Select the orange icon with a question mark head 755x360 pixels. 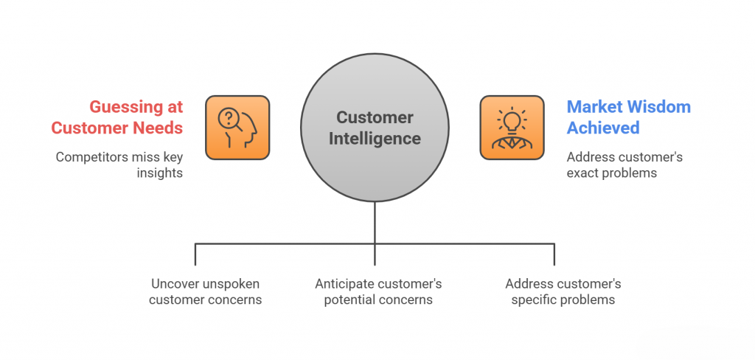point(237,127)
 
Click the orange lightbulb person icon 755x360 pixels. point(512,127)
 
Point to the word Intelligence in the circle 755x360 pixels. point(374,138)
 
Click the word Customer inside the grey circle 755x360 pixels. point(374,117)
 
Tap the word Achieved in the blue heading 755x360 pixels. point(602,128)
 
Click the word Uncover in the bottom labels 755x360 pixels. point(174,284)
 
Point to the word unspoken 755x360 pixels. point(234,284)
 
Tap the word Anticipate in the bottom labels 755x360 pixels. point(346,284)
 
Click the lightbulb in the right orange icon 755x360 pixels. point(512,119)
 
